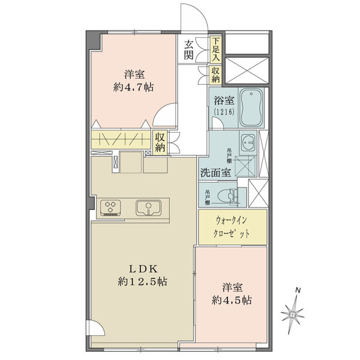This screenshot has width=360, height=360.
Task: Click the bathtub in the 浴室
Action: point(251,108)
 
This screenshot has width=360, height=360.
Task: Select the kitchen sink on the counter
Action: point(147,208)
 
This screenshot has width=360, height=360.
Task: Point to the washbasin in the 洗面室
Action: point(248,142)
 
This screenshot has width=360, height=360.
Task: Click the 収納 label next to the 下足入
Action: point(215,74)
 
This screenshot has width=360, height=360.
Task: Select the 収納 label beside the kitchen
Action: point(160,143)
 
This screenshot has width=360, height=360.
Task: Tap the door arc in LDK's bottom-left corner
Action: point(93,329)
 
